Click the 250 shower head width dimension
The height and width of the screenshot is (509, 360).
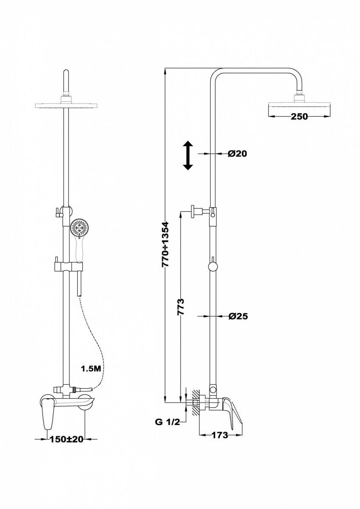299,116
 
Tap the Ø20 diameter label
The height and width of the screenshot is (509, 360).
237,154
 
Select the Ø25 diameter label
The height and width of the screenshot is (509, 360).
238,316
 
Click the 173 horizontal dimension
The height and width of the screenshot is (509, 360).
219,435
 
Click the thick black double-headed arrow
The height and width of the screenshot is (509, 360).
188,155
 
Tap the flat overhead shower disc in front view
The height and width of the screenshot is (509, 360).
66,106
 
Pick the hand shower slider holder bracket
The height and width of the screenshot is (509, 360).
68,266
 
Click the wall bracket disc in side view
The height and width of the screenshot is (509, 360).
193,211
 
